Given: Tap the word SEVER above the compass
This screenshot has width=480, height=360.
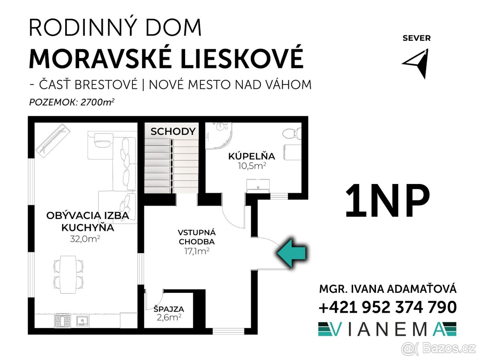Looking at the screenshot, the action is pos(416,38).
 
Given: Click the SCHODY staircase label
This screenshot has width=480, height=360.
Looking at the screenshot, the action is pos(173,132).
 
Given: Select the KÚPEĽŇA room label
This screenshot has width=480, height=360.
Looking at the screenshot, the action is pos(252,156).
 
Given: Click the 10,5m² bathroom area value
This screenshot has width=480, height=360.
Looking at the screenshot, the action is pos(252,166).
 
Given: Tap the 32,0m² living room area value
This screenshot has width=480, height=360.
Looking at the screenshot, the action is pos(85,239).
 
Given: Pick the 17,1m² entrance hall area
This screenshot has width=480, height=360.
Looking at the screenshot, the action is pos(197,251).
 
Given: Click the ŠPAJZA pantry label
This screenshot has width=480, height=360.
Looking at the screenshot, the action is pos(169,309).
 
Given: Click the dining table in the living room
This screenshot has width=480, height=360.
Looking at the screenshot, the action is pos(68,274).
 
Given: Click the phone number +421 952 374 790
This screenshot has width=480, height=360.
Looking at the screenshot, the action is pos(388,307).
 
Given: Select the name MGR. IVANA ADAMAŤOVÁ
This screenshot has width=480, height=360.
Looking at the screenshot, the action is pos(388,289).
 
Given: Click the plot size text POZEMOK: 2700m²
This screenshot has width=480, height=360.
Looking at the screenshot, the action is pos(72,102).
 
